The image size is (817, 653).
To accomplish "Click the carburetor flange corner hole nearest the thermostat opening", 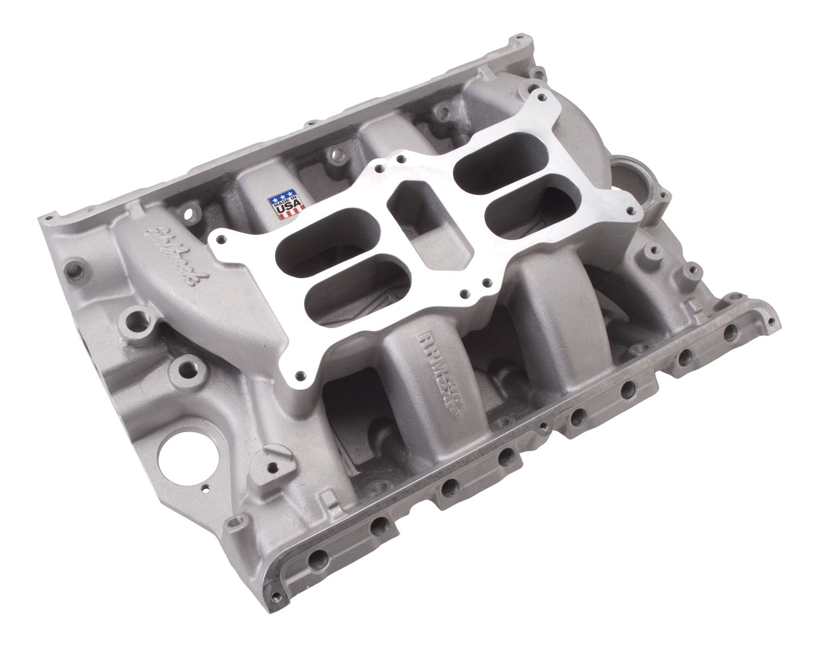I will [x=632, y=209].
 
